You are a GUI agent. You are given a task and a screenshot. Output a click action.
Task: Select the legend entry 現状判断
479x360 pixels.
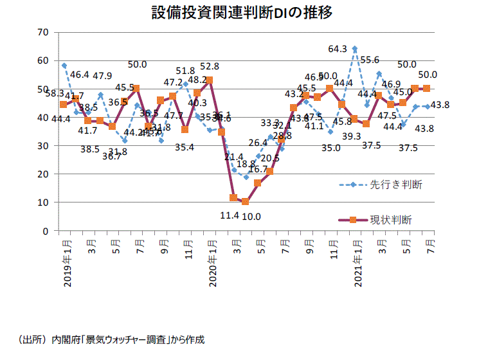(x=391, y=220)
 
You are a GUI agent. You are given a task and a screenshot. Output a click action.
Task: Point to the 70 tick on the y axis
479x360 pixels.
(x=43, y=32)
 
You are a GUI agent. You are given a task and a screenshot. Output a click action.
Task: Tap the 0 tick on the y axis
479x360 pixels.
(x=46, y=231)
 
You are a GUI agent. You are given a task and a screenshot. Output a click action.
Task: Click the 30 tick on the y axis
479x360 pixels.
(x=43, y=146)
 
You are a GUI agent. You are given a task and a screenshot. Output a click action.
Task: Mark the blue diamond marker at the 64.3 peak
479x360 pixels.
(x=355, y=49)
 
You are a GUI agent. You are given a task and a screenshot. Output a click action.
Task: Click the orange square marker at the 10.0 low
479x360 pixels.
(x=246, y=202)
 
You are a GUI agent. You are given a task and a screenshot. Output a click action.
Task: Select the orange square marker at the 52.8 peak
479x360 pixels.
(x=210, y=80)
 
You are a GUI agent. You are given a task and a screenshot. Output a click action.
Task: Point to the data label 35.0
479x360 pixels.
(x=332, y=147)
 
